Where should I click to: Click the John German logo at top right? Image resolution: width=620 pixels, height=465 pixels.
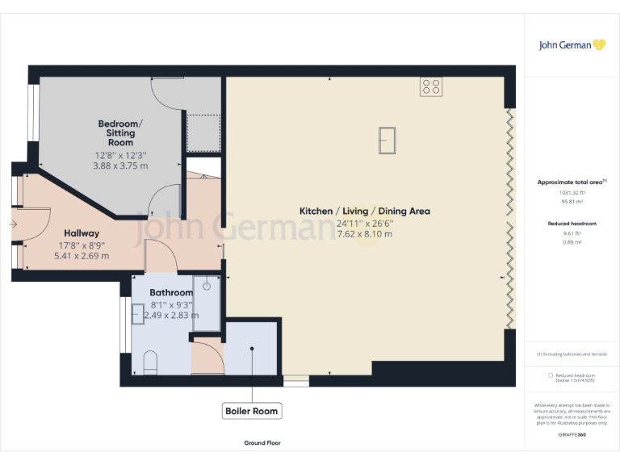tap(572, 45)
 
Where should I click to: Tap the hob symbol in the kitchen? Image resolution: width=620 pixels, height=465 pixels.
tap(430, 86)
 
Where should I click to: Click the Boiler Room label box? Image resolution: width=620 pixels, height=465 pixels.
tap(252, 411)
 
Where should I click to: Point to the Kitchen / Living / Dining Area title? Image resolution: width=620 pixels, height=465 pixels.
tap(364, 212)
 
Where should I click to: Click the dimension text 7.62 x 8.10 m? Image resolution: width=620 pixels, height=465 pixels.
tap(364, 234)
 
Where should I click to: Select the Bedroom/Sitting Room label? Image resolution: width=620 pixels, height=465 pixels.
tap(120, 132)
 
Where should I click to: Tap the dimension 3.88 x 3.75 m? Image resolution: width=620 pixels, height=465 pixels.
tap(120, 165)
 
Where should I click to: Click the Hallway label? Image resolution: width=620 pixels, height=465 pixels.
tap(82, 233)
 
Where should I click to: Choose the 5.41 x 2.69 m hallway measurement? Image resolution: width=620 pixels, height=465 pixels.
tap(82, 256)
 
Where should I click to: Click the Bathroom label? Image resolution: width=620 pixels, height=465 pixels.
tap(171, 292)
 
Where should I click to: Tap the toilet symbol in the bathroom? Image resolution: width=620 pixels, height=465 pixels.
tap(150, 364)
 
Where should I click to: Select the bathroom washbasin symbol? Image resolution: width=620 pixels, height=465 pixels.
tap(138, 313)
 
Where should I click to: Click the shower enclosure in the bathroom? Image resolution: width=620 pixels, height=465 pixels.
tap(206, 304)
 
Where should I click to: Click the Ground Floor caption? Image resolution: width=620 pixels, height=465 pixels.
tap(262, 443)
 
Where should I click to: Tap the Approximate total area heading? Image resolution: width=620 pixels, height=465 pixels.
tap(571, 182)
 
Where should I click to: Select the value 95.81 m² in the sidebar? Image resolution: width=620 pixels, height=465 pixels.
tap(571, 201)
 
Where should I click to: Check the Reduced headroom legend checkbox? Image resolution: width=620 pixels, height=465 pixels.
tap(551, 375)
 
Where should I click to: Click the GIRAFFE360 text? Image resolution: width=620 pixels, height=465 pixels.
tap(572, 435)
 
